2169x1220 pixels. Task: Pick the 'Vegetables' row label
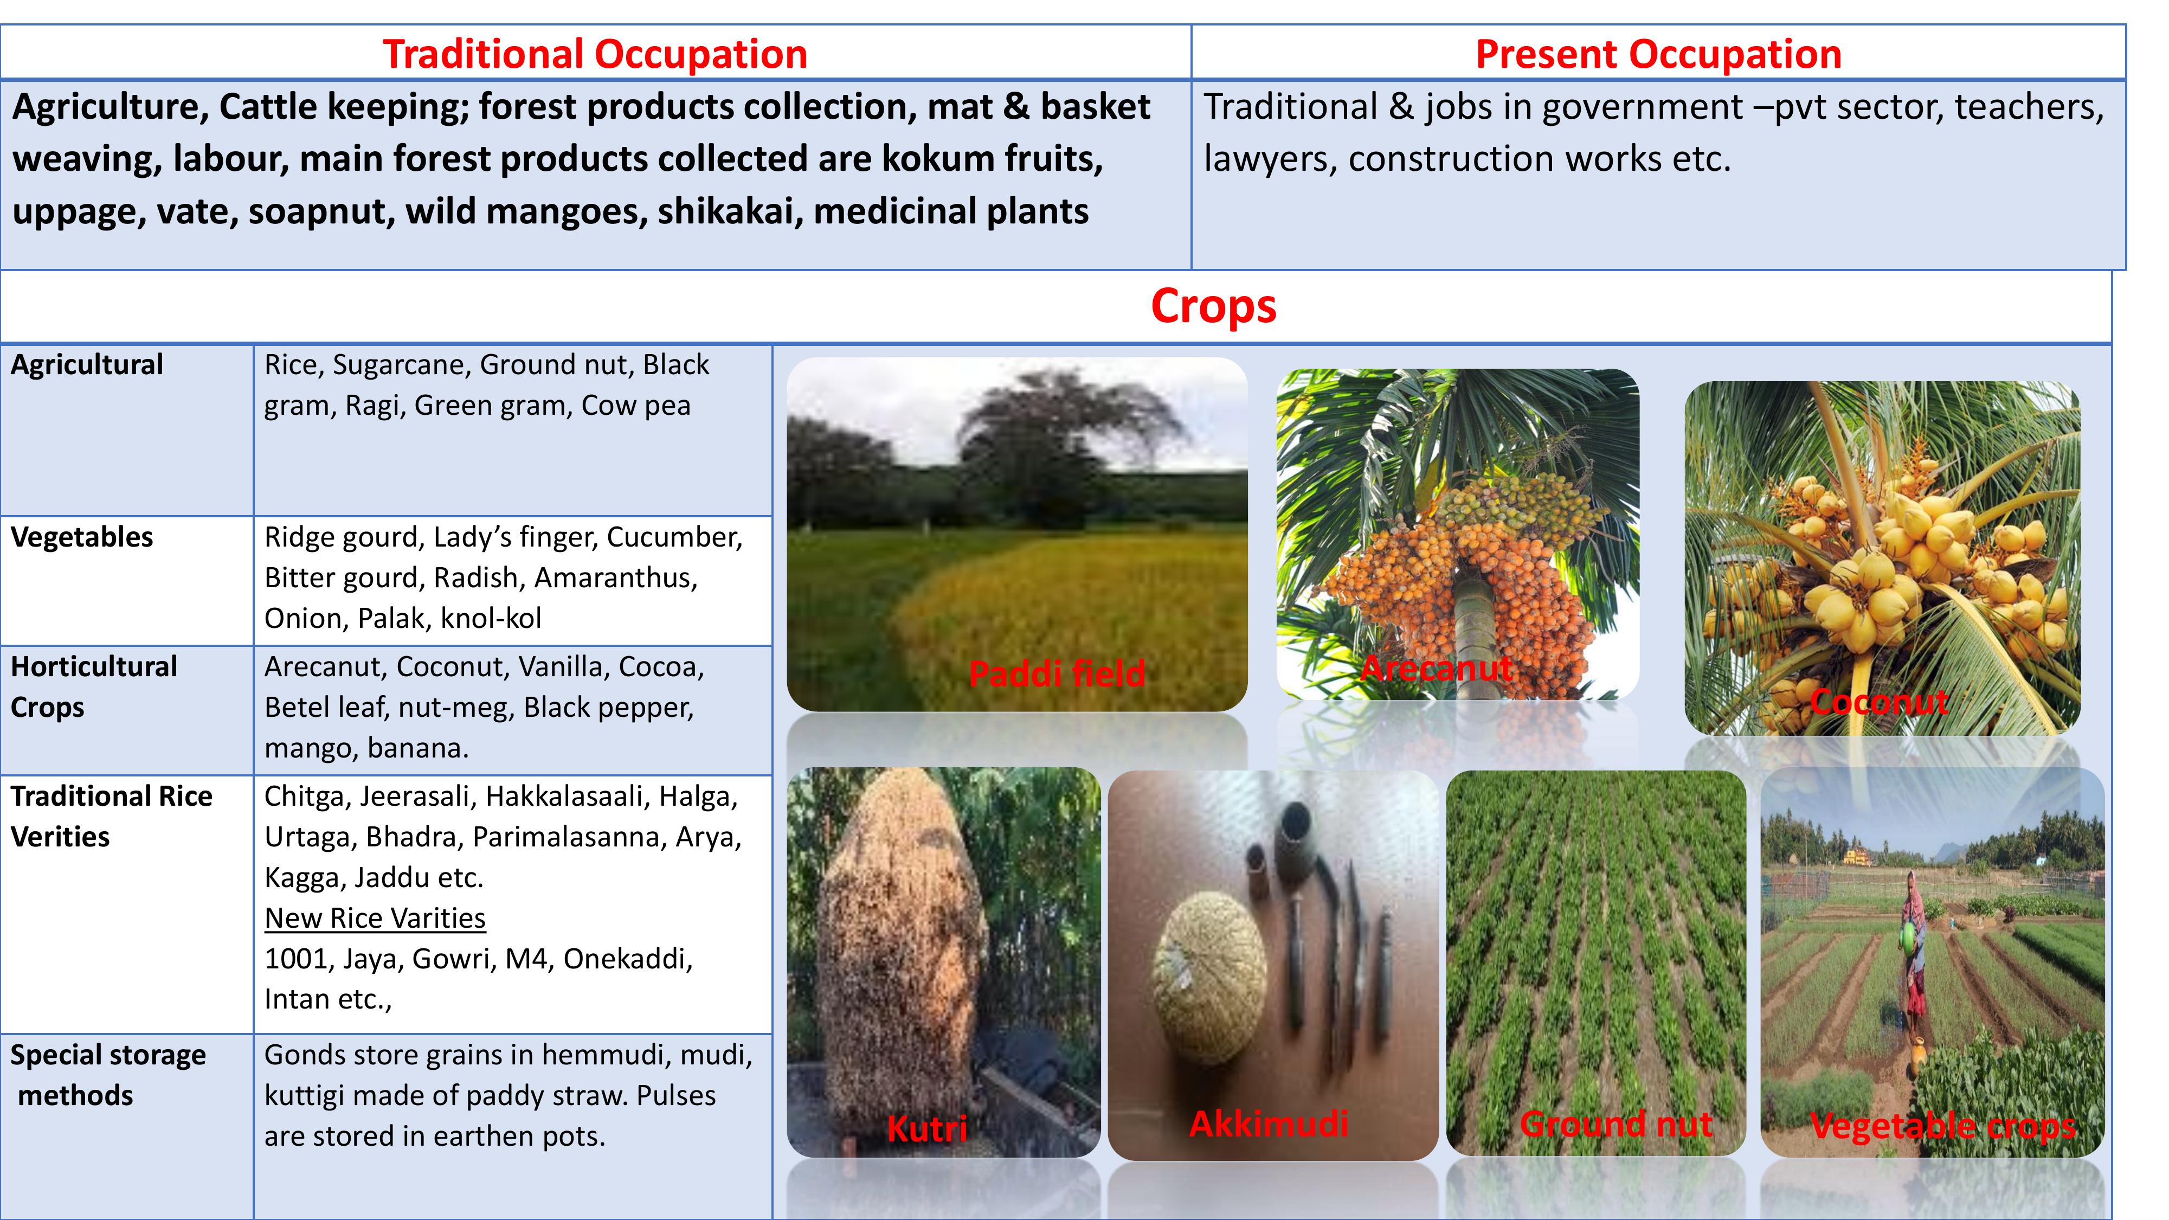[x=82, y=537]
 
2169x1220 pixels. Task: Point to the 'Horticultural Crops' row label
[x=93, y=686]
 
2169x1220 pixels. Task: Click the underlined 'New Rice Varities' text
[x=375, y=918]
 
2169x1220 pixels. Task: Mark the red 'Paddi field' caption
[x=1057, y=673]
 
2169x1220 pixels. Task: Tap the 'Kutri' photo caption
[x=927, y=1129]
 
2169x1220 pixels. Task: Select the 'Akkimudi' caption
[x=1269, y=1123]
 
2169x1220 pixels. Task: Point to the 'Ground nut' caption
[x=1617, y=1124]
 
